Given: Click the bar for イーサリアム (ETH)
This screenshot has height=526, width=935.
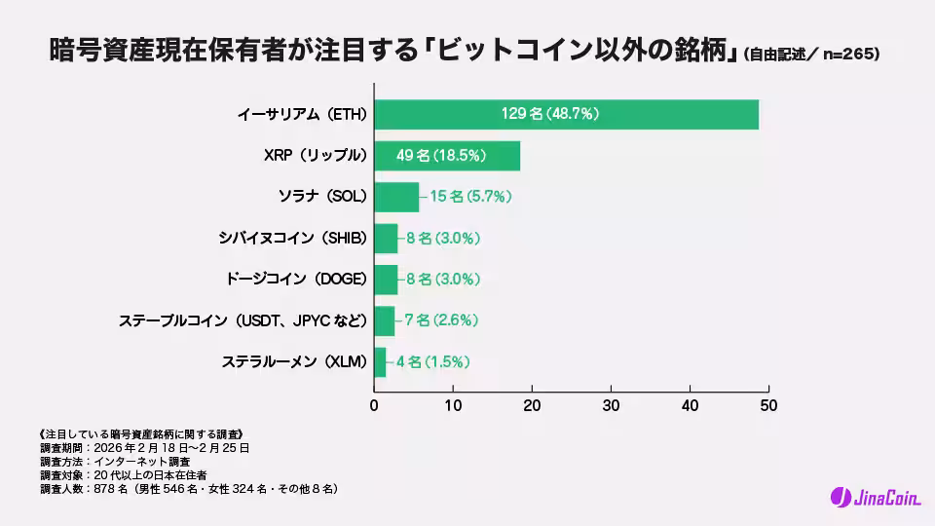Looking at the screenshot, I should tap(566, 115).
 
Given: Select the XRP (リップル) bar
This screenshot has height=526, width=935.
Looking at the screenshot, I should tap(447, 156).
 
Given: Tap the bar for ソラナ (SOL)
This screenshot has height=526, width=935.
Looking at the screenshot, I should tap(396, 197).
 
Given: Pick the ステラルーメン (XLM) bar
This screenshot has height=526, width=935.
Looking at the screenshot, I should tap(380, 361).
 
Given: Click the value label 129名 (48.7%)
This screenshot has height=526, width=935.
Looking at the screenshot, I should tap(550, 115).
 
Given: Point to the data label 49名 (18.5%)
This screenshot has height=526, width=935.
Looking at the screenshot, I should tap(441, 156).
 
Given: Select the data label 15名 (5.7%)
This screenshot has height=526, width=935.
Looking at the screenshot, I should tap(470, 197).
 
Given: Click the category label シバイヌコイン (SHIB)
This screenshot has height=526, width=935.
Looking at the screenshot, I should tap(294, 238).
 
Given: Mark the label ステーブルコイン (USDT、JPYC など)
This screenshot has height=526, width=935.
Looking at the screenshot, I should tap(243, 320).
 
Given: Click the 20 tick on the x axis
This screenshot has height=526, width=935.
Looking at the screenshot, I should tap(533, 403).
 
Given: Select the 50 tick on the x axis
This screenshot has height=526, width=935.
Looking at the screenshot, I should tap(768, 403).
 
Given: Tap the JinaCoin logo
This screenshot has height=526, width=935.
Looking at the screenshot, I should tap(875, 498).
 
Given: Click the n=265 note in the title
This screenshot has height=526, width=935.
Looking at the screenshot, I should tap(848, 56).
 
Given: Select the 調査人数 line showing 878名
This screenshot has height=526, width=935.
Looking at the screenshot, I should tap(189, 488).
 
